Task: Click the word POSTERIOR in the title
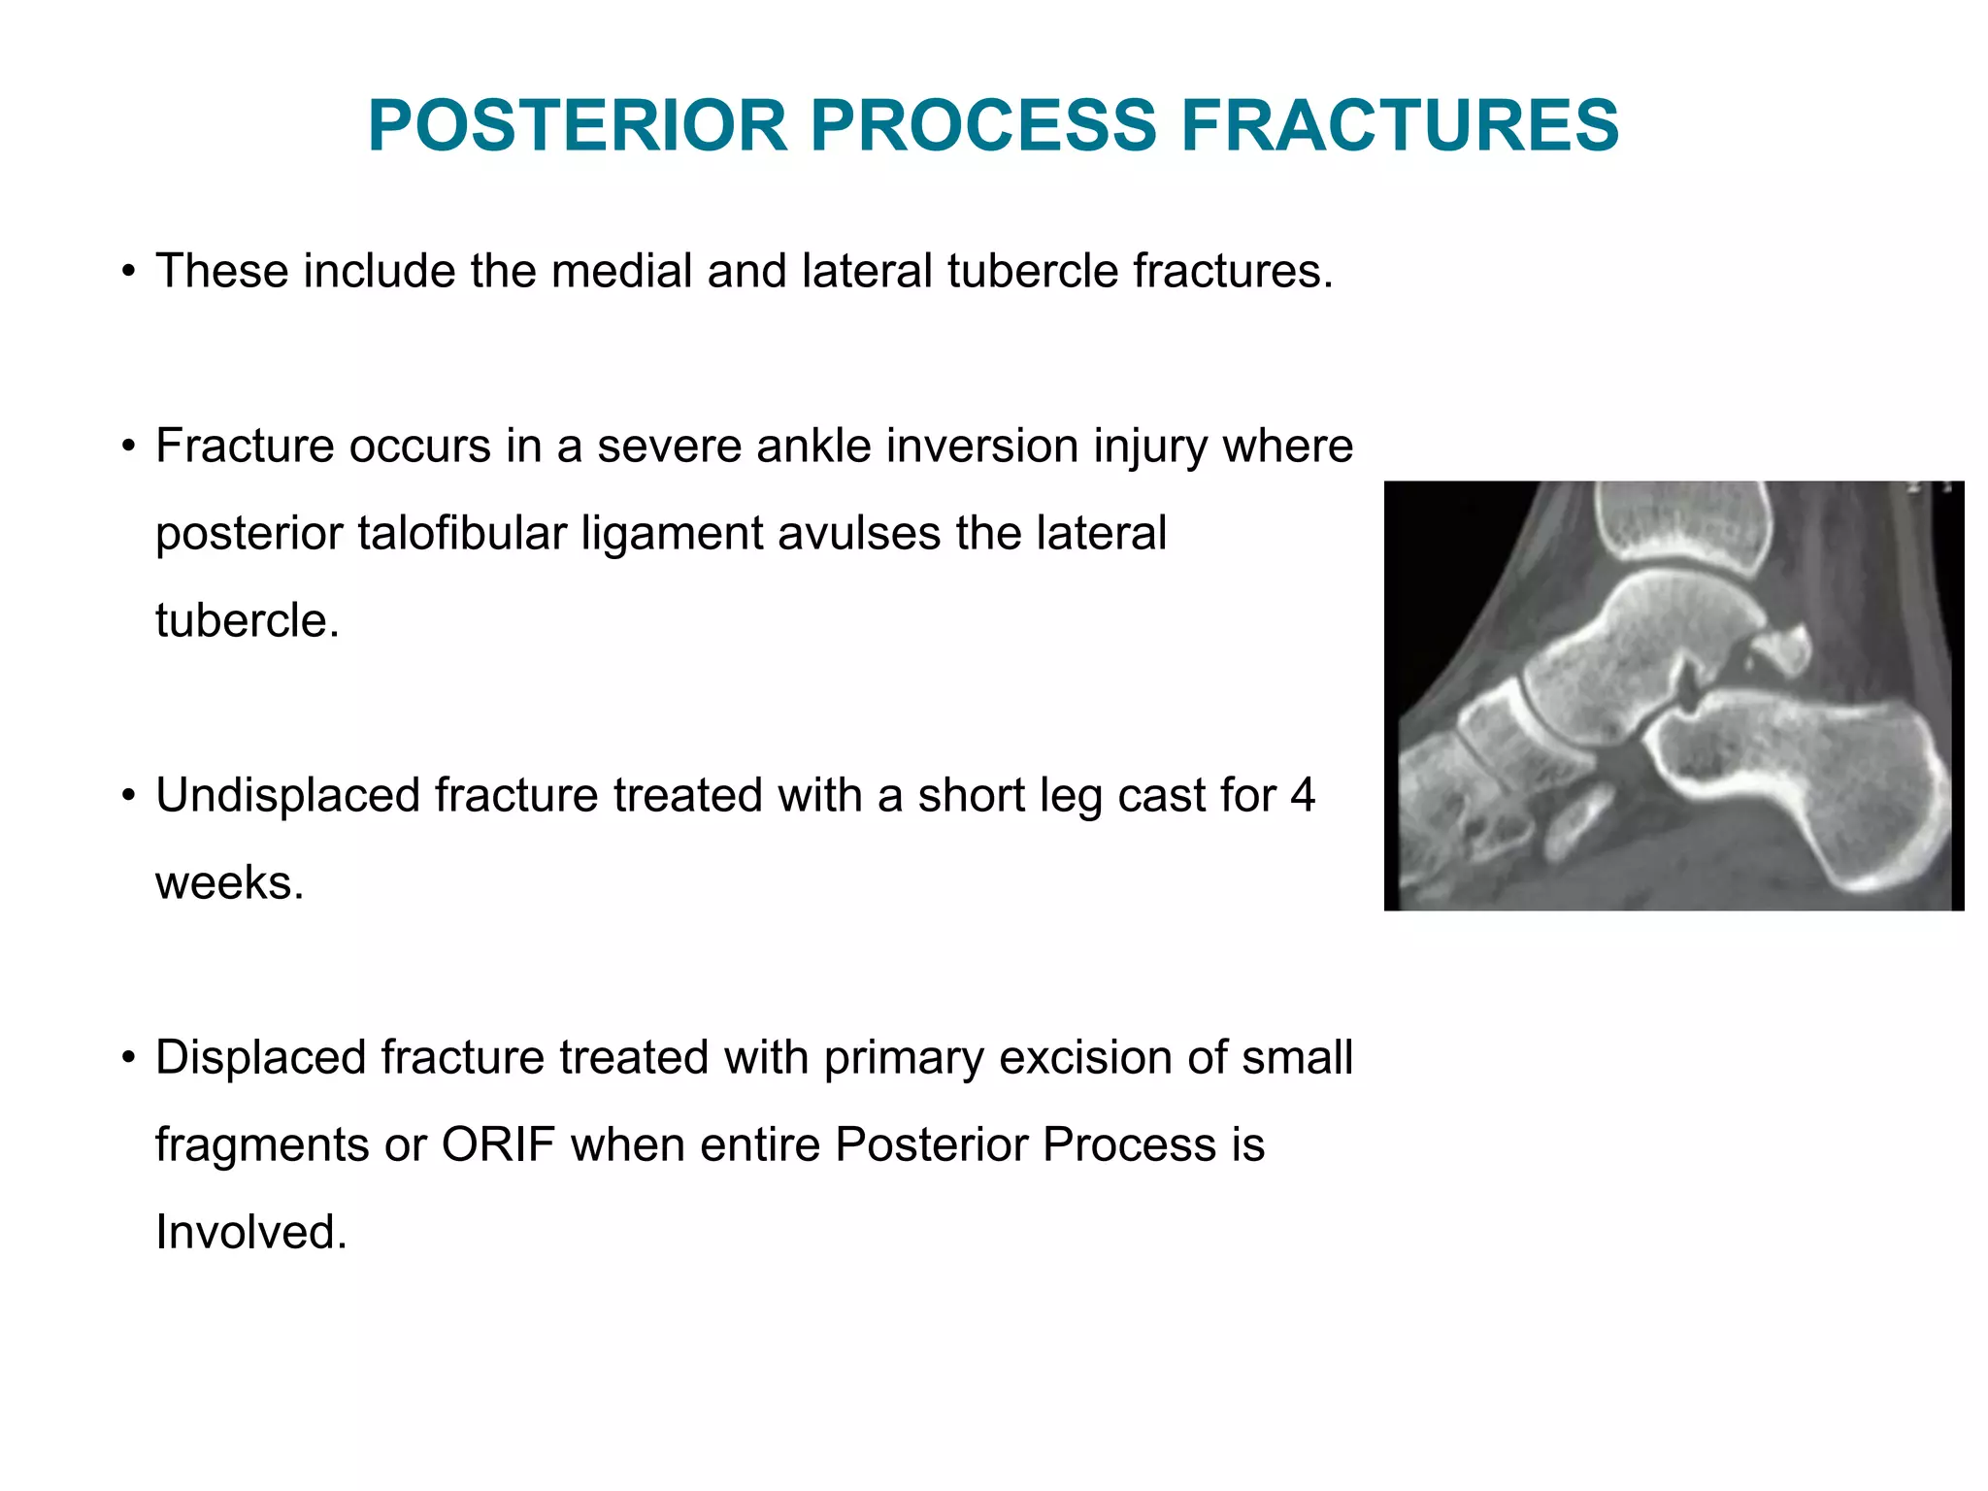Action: coord(577,126)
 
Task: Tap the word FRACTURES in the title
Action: coord(1399,126)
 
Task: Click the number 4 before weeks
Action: coord(1302,796)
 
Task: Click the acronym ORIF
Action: coord(497,1145)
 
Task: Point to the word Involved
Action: coord(250,1233)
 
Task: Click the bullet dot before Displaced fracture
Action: coord(128,1059)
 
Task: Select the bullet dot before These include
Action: coord(128,273)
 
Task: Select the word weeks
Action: coord(229,883)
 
